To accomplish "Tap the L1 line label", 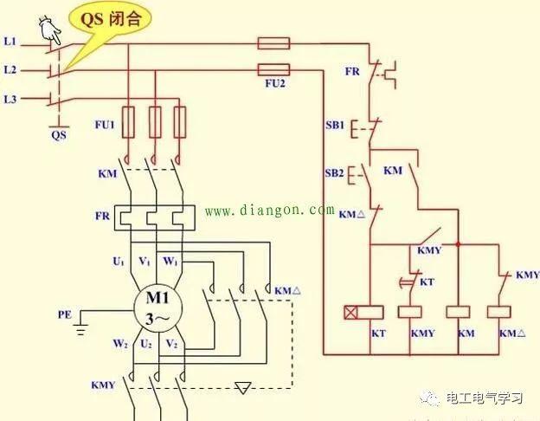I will coord(10,41).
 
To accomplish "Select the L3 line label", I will coord(10,100).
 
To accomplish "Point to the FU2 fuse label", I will coord(275,85).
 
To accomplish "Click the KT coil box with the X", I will coord(352,312).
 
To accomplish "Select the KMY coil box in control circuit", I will coord(410,312).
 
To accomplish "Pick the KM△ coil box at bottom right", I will coord(499,312).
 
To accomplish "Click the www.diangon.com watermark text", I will coord(269,210).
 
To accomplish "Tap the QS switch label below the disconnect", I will coord(58,134).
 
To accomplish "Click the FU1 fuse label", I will coord(104,125).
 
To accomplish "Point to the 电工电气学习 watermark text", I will coord(485,398).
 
